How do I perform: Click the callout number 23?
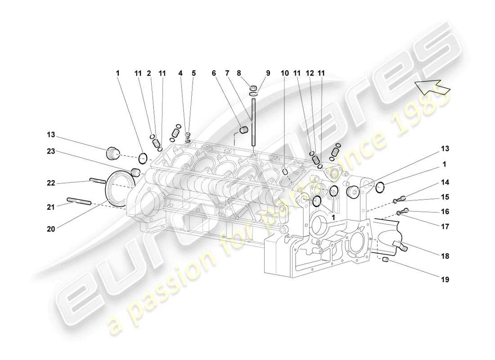(x=50, y=152)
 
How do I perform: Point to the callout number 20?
(x=50, y=229)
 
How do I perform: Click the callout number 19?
(x=445, y=279)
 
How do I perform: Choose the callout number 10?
(x=284, y=73)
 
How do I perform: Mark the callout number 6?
(x=214, y=73)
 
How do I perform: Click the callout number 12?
(x=309, y=73)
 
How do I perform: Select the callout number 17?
(x=445, y=227)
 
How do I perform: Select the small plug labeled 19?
(x=386, y=260)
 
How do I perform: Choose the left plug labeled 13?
(x=112, y=154)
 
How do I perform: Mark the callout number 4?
(x=180, y=73)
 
